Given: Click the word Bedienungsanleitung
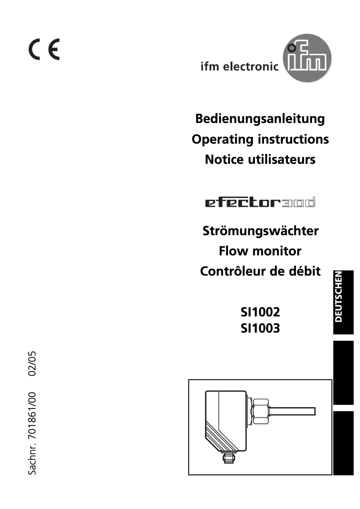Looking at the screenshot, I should [x=260, y=119].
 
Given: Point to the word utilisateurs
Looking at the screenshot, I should [x=282, y=159].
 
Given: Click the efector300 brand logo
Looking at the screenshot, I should [x=260, y=203].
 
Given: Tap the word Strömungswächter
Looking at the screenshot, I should [x=260, y=231].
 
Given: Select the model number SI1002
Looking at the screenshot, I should [x=260, y=311].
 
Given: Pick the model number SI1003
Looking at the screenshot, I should [x=260, y=329].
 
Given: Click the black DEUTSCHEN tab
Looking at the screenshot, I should [x=343, y=301].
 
